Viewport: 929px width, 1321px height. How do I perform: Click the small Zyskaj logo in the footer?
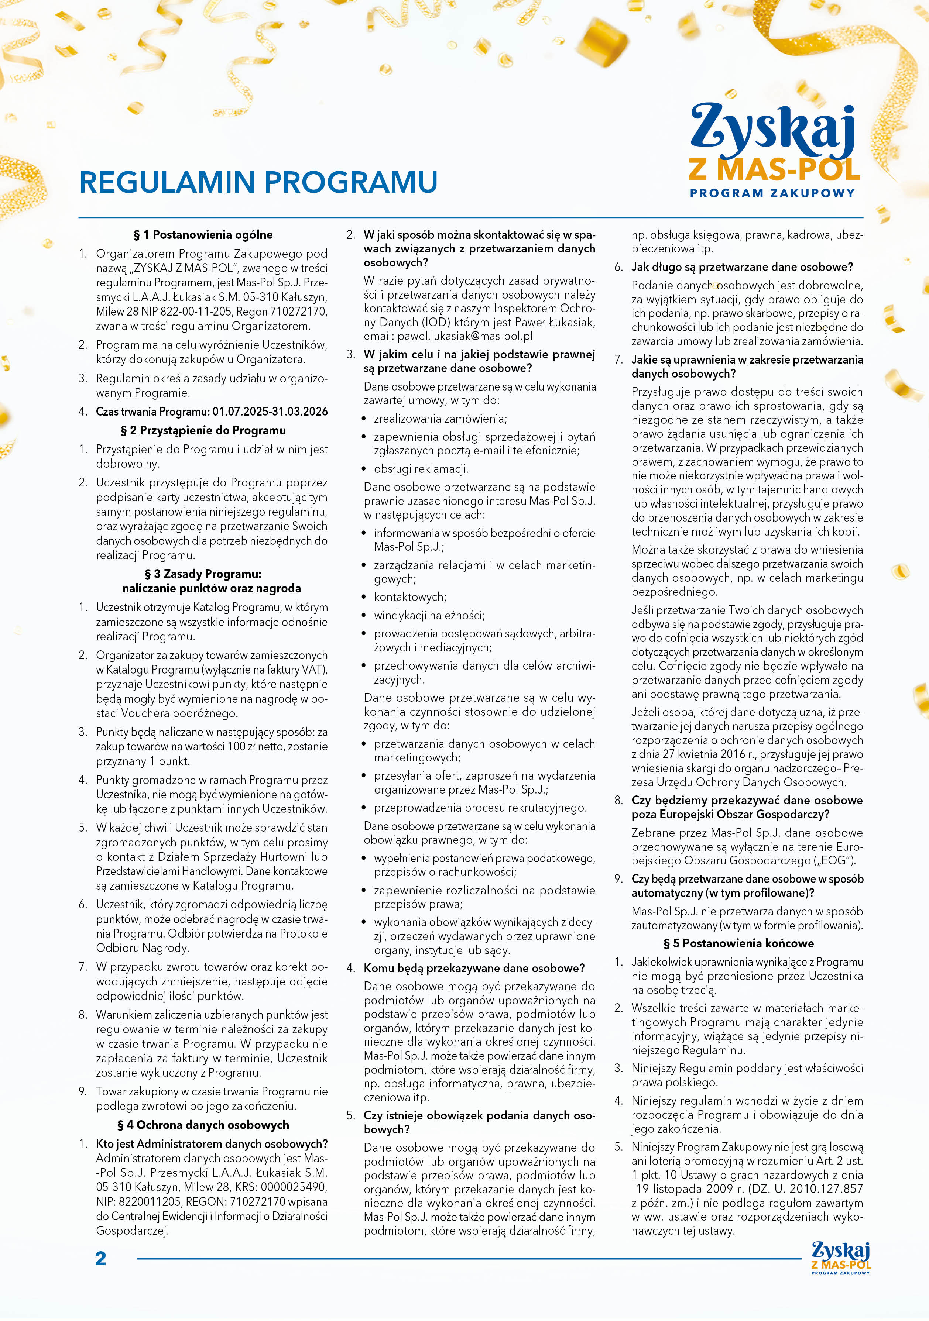(x=840, y=1258)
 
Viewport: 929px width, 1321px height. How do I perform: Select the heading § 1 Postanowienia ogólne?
(x=203, y=235)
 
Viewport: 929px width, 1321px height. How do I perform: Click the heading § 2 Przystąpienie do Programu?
(x=203, y=430)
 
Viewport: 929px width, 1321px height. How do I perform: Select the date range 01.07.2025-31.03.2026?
(x=270, y=412)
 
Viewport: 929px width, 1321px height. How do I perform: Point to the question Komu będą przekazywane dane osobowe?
(x=474, y=968)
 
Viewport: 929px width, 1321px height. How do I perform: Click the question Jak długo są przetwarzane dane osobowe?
(x=742, y=267)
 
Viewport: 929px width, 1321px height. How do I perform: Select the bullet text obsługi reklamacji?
(x=421, y=469)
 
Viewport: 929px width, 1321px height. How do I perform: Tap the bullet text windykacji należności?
(x=429, y=616)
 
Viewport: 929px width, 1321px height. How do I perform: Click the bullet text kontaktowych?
(x=410, y=597)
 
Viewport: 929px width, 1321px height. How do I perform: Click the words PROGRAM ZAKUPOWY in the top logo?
(x=772, y=193)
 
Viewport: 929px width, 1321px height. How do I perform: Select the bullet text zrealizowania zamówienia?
(x=440, y=419)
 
